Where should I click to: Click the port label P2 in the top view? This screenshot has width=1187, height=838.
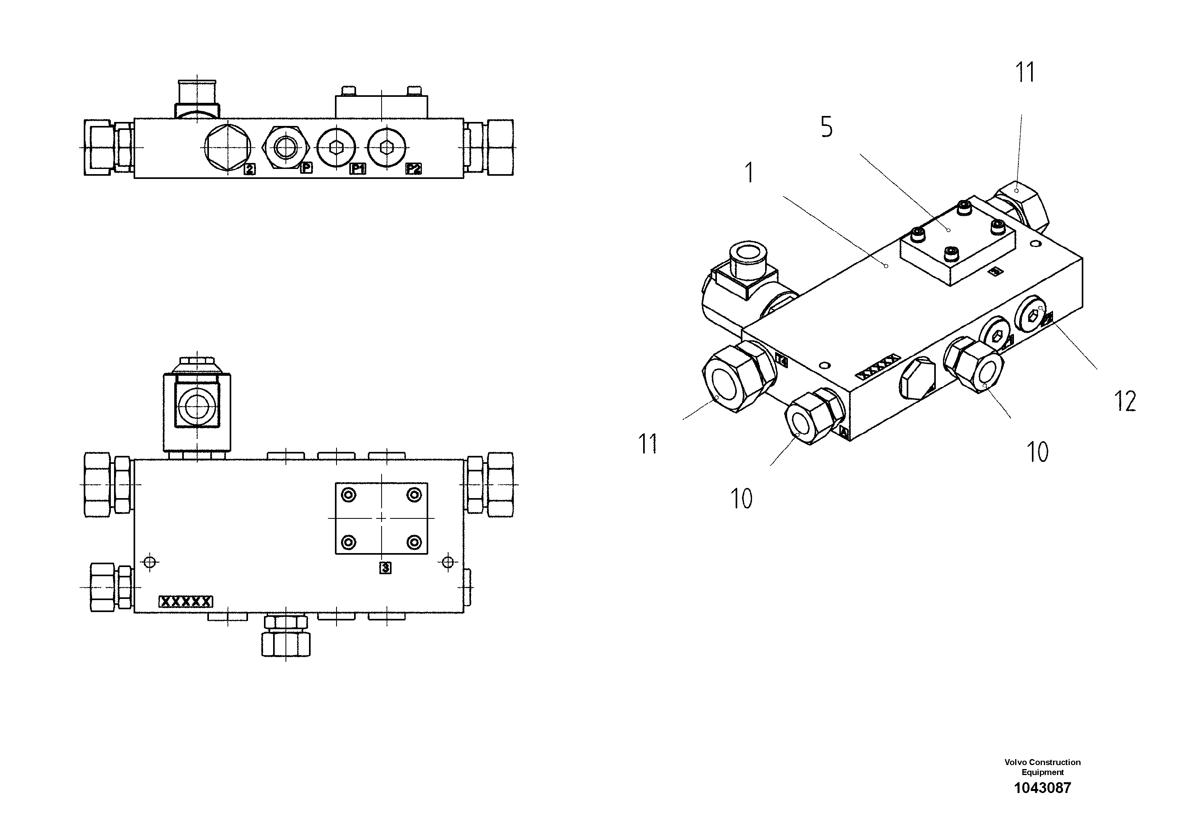[x=413, y=169]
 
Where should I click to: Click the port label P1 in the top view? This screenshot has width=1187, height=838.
[x=357, y=169]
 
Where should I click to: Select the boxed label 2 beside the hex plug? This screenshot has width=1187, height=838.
[x=249, y=169]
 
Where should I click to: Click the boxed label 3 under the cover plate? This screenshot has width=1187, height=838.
[x=385, y=568]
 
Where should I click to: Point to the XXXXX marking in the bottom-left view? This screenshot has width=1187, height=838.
[x=185, y=601]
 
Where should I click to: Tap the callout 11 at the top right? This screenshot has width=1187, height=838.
[x=1025, y=73]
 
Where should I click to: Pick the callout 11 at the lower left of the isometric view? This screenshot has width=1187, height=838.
[x=648, y=444]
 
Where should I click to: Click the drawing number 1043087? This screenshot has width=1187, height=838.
[x=1042, y=788]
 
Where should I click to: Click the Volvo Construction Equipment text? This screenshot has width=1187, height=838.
[x=1042, y=767]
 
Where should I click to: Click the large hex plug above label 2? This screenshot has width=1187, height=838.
[x=228, y=147]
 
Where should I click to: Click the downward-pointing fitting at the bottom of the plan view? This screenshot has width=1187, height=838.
[x=286, y=636]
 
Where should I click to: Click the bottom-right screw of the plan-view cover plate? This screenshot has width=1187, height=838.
[x=413, y=542]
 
